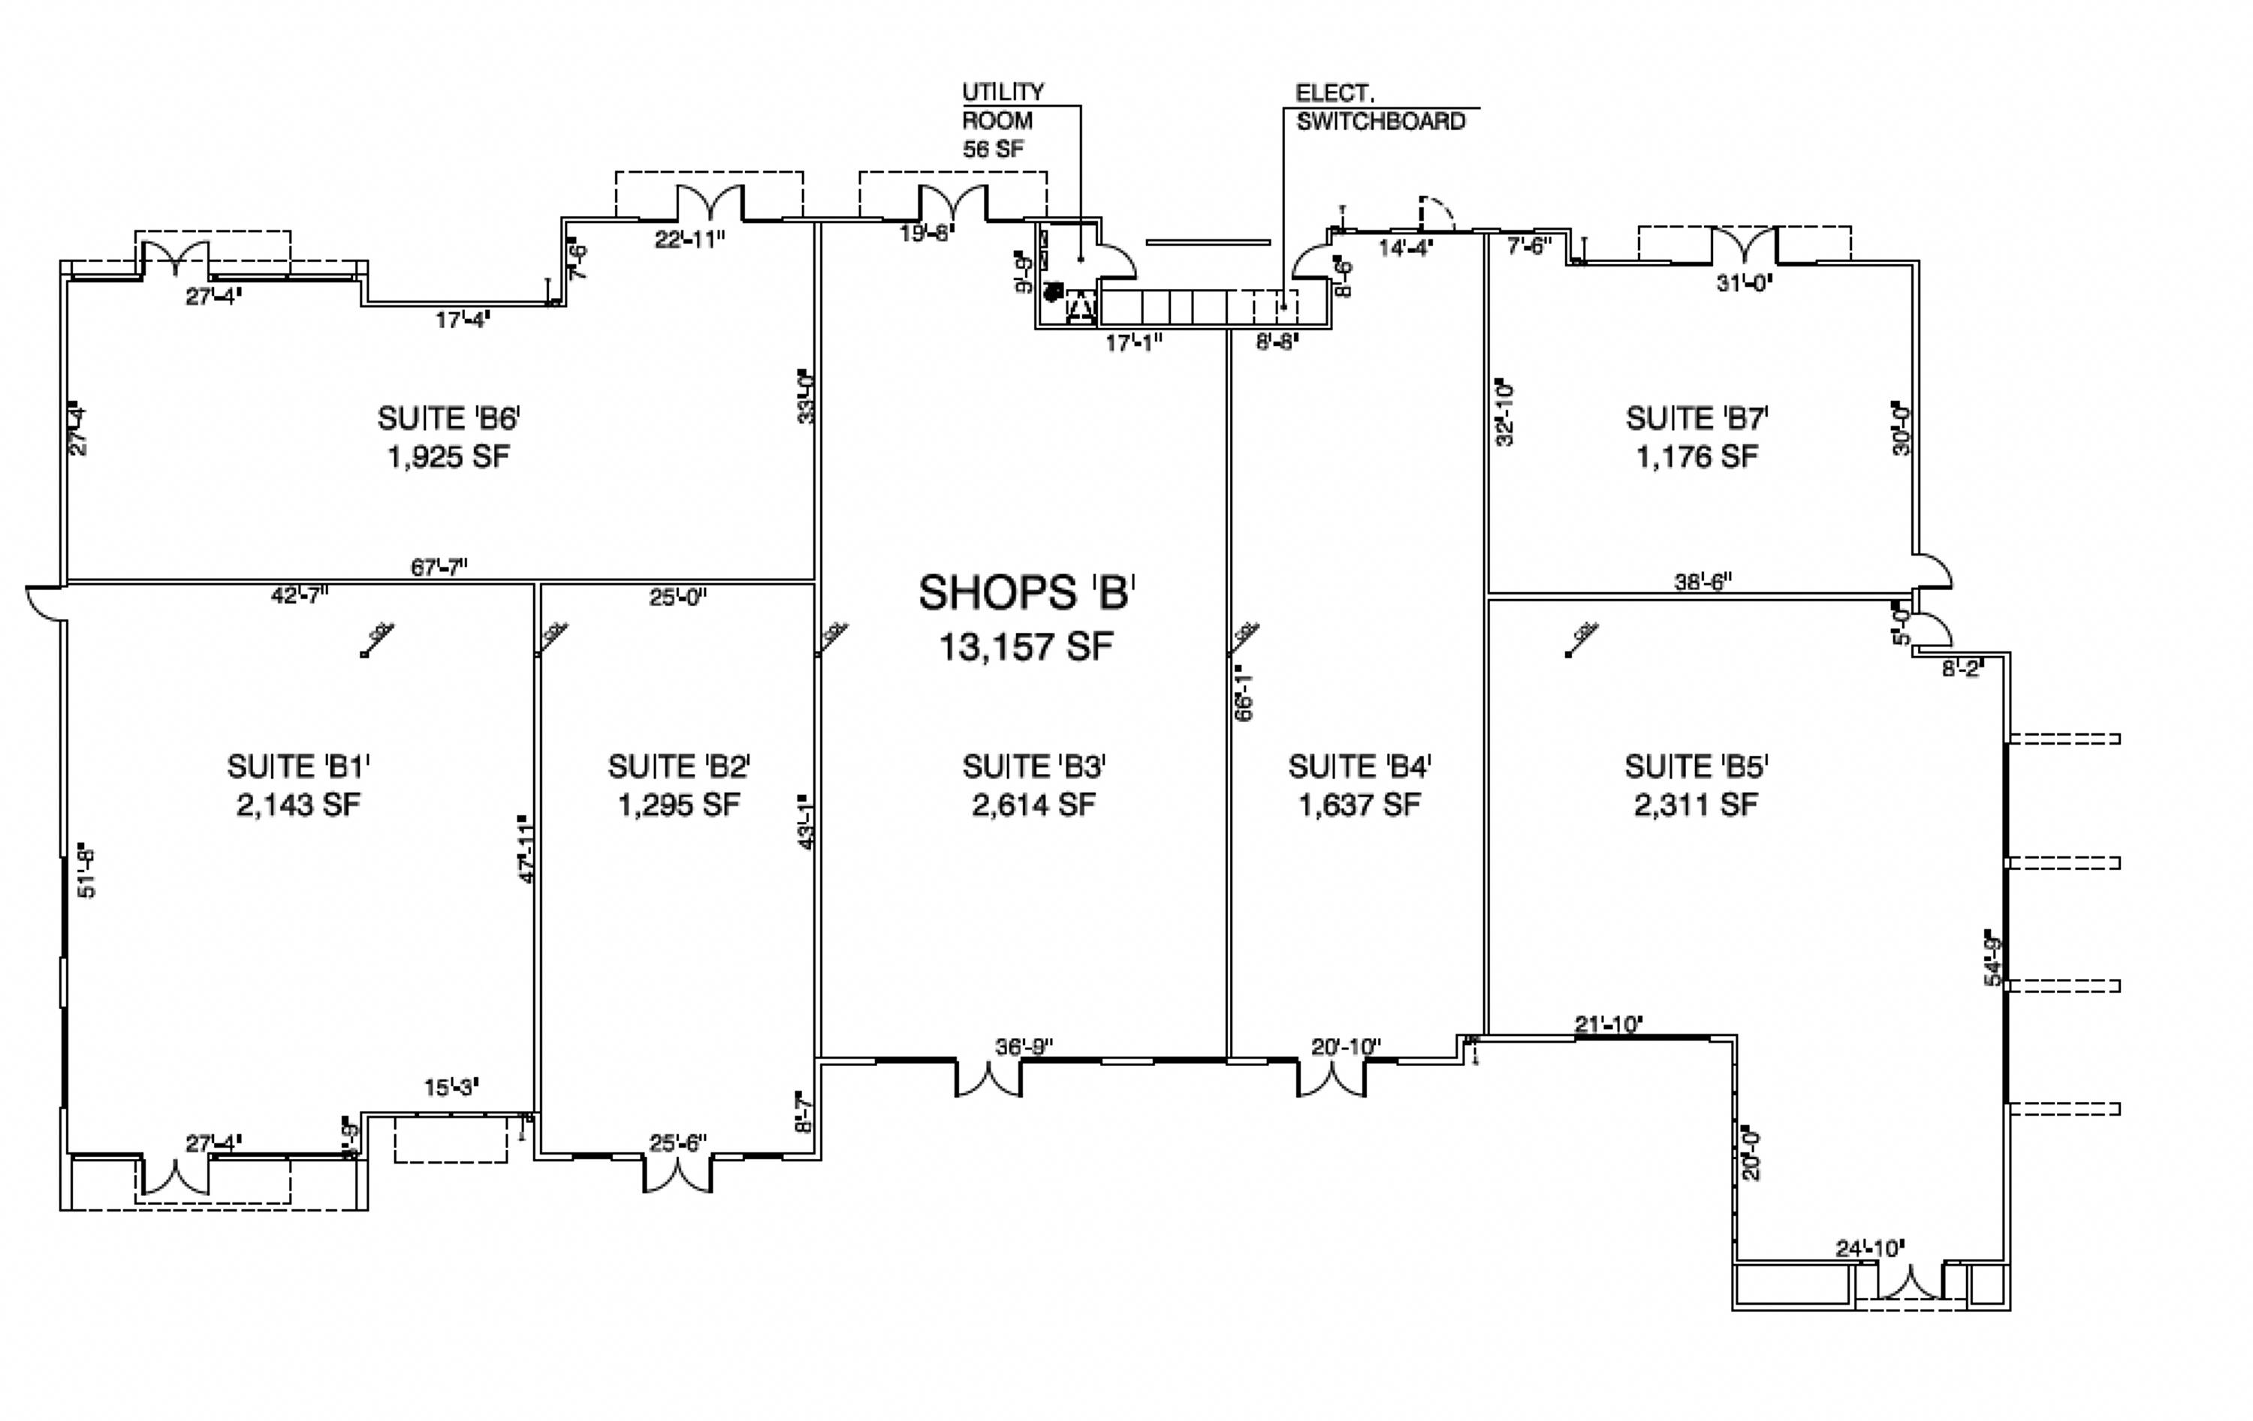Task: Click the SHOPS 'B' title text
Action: click(1027, 593)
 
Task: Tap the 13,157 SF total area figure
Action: click(1027, 646)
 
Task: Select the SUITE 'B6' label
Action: click(448, 418)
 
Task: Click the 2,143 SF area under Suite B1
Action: click(297, 805)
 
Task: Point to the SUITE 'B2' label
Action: click(678, 767)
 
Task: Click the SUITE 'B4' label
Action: click(1359, 767)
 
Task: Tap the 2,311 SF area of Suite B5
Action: click(1695, 805)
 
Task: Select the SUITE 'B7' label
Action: click(1697, 418)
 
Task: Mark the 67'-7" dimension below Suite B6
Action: click(439, 567)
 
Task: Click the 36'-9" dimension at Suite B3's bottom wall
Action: click(1024, 1047)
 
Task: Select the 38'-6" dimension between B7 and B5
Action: click(1702, 582)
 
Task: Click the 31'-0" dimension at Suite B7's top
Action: click(1744, 281)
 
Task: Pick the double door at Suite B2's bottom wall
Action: click(677, 1175)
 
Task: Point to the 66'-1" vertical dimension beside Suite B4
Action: click(1244, 692)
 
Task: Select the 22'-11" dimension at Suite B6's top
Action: click(689, 239)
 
